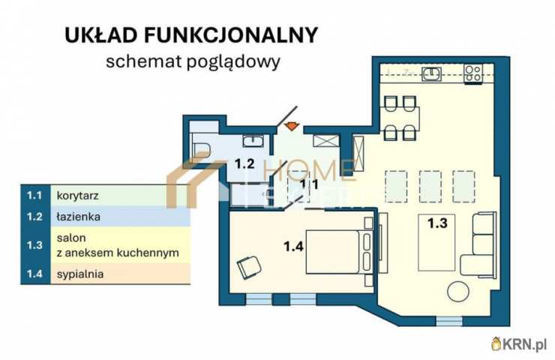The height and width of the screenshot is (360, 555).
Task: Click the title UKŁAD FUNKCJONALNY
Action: [190, 35]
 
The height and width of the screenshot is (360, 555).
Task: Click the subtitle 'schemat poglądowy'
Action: [193, 61]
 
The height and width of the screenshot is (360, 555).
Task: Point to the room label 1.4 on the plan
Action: [295, 244]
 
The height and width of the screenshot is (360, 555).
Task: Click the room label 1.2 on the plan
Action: [245, 163]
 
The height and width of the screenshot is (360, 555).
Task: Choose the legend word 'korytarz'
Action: [78, 196]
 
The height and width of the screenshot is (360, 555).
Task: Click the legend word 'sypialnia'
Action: [79, 274]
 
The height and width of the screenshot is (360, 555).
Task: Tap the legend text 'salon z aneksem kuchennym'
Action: [117, 245]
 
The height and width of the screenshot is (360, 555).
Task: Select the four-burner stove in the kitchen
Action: [473, 73]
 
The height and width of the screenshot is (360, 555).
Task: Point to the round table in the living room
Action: [457, 292]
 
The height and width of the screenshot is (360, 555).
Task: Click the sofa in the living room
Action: [478, 243]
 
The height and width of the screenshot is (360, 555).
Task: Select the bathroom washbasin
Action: [252, 140]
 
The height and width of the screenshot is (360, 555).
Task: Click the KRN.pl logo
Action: [520, 343]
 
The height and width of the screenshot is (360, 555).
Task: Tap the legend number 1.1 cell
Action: [34, 196]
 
